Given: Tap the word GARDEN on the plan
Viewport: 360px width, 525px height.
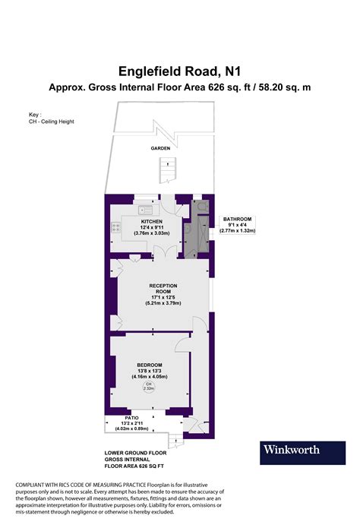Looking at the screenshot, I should pos(159,149).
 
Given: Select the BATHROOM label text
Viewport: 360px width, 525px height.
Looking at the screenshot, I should pos(237,219).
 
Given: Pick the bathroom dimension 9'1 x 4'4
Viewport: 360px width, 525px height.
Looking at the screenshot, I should pos(237,225).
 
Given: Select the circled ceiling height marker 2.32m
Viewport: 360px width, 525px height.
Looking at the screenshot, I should pos(149,386).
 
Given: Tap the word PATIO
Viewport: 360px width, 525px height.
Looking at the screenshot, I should pos(131,418).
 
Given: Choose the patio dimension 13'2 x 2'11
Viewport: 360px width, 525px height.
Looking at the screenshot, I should pos(131,424).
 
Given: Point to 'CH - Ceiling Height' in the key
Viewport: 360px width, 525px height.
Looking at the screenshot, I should pos(51,122).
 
